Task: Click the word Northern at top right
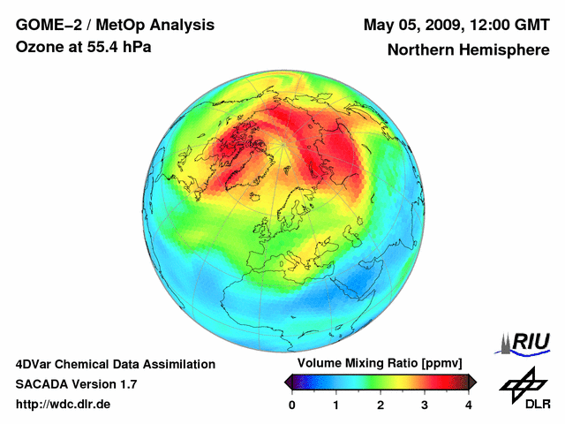420,50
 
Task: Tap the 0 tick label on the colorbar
292,405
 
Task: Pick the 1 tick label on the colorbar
336,405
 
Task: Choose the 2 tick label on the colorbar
380,405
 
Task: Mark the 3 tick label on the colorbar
425,405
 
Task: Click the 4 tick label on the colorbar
469,405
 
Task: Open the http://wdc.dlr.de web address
64,405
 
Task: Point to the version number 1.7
127,384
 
